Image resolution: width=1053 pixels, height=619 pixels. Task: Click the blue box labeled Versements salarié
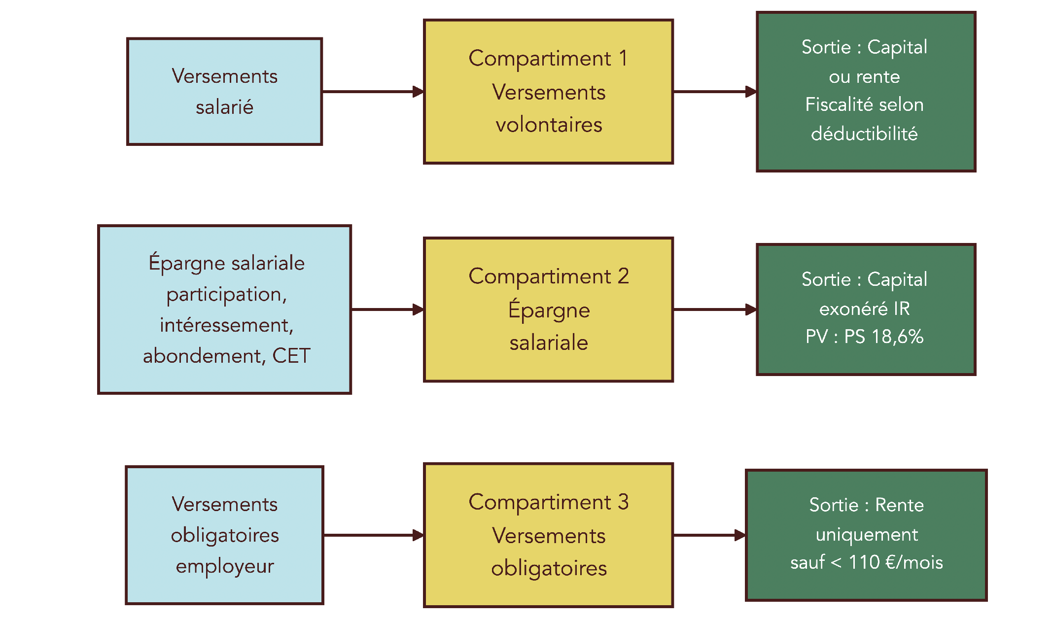click(224, 92)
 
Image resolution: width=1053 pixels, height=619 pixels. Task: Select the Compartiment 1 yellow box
click(548, 92)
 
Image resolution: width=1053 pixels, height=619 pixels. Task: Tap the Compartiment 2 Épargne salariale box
click(548, 309)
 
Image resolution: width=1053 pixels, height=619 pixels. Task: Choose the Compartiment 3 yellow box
click(548, 535)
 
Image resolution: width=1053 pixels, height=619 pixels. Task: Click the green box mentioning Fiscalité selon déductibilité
click(866, 92)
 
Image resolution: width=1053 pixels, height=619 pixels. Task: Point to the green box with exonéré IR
click(866, 309)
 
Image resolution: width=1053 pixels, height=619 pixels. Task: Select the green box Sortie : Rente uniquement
click(866, 535)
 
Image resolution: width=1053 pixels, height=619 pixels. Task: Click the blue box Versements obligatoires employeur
click(224, 535)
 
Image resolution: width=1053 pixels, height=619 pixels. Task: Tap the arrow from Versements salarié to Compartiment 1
click(373, 92)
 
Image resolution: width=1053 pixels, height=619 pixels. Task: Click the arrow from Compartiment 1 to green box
click(714, 92)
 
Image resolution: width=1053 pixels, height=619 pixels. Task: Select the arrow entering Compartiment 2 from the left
click(387, 309)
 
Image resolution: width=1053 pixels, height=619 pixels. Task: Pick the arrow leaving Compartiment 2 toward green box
click(714, 309)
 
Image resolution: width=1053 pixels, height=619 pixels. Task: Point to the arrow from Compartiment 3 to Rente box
click(709, 535)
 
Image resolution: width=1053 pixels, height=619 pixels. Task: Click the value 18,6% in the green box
click(897, 337)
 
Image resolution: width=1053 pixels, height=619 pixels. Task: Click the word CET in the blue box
click(291, 356)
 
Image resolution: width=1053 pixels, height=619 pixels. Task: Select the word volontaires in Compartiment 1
click(549, 125)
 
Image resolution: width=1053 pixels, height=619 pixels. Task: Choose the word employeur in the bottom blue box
click(225, 566)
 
